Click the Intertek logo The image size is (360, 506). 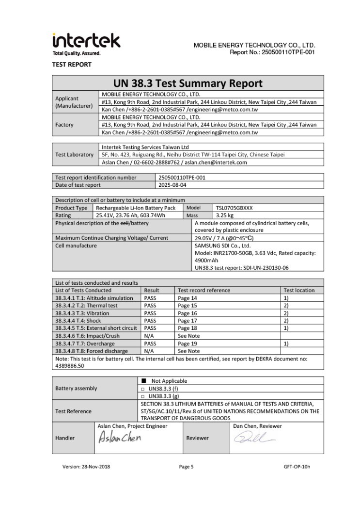(x=86, y=43)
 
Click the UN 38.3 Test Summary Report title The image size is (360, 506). (x=188, y=83)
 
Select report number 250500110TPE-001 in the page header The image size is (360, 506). (x=288, y=52)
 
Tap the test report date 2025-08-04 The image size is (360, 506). (x=172, y=185)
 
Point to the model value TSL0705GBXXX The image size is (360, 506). (x=235, y=208)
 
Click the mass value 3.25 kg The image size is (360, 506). (x=225, y=215)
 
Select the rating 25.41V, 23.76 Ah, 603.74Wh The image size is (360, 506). (x=130, y=215)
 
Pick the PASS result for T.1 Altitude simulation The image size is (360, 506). (x=150, y=298)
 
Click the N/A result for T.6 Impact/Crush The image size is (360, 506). (x=149, y=336)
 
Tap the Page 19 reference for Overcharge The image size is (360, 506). (x=188, y=343)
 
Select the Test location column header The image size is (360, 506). (x=299, y=290)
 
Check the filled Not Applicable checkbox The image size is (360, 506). (x=143, y=381)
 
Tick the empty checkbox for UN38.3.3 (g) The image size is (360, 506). (x=143, y=396)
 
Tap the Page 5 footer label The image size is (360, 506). (x=186, y=467)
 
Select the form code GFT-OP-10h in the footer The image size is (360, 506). (x=297, y=467)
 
